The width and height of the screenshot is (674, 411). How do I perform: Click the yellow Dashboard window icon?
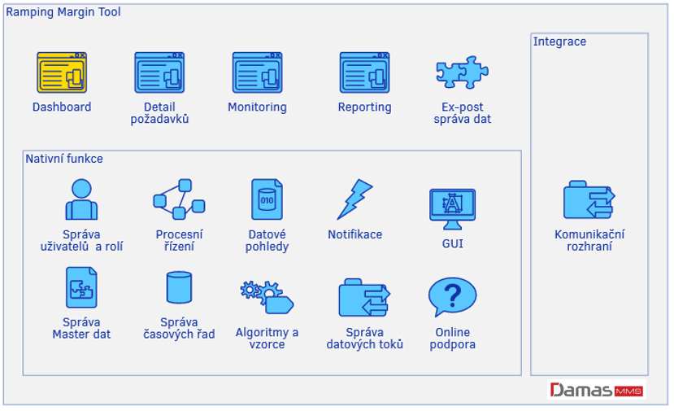(62, 72)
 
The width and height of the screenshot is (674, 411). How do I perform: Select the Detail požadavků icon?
(159, 72)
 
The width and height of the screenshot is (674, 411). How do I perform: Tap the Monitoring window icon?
(257, 72)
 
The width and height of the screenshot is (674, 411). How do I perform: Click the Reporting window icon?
(364, 72)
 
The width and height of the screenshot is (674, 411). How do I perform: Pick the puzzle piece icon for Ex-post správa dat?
(462, 73)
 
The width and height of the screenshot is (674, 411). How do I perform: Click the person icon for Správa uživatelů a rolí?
(80, 199)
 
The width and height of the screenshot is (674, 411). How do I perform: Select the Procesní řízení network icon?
(178, 199)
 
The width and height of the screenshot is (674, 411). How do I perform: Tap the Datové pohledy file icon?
(267, 199)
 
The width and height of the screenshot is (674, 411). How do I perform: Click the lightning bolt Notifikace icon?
(354, 199)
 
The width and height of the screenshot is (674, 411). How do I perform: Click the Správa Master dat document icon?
(81, 287)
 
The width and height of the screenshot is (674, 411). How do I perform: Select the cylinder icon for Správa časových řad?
(179, 288)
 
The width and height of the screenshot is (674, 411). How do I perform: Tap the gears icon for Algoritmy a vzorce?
(267, 296)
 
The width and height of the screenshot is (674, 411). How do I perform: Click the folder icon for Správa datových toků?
(364, 298)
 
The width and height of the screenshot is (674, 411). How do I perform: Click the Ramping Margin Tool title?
(63, 12)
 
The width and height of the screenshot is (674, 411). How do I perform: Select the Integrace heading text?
(559, 42)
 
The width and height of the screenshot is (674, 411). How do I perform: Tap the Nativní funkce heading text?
(64, 159)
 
